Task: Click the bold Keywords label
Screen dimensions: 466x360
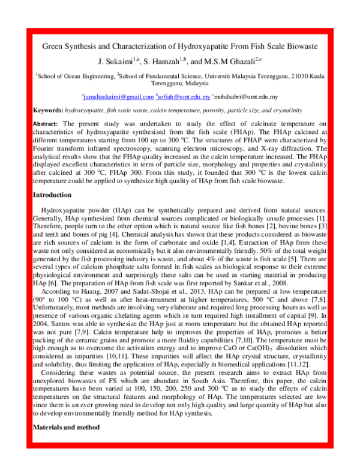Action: [47, 110]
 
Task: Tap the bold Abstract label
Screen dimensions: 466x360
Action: [46, 123]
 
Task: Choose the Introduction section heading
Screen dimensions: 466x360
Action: [52, 195]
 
